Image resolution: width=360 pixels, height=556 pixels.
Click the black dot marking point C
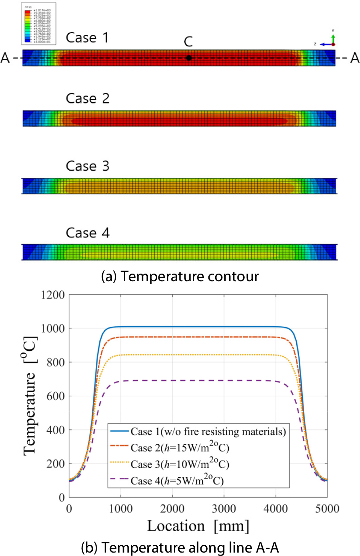[x=189, y=58]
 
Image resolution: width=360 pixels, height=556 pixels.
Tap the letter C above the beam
[x=188, y=42]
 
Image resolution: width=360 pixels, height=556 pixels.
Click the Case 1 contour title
[x=87, y=38]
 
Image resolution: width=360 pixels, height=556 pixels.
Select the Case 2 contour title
[x=87, y=98]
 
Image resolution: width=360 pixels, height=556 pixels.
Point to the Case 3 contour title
[x=87, y=166]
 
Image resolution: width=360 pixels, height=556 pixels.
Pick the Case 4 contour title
[x=87, y=233]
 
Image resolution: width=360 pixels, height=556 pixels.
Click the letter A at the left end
[x=5, y=58]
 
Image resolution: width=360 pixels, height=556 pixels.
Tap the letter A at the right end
[x=355, y=58]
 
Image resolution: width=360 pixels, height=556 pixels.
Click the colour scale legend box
[x=39, y=24]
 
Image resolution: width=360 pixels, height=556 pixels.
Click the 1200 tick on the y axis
[x=53, y=295]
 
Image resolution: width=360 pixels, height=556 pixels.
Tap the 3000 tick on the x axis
[x=224, y=509]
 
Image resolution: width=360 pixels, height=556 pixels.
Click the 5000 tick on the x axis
[x=327, y=509]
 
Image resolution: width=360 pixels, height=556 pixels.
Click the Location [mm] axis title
[x=198, y=526]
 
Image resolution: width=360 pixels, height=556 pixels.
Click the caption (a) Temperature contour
[x=180, y=276]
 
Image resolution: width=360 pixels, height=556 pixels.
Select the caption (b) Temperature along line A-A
[x=180, y=548]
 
